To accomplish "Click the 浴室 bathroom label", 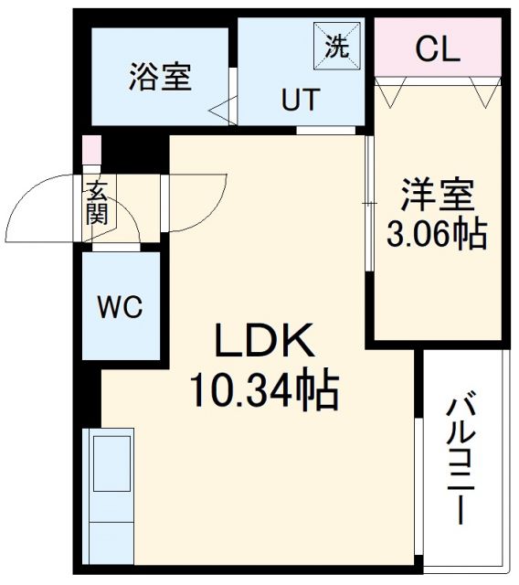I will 160,78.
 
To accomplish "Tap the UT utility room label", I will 300,101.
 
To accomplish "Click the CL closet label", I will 437,49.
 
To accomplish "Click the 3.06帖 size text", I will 437,236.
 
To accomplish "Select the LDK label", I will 265,343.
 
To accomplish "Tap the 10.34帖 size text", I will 265,391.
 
